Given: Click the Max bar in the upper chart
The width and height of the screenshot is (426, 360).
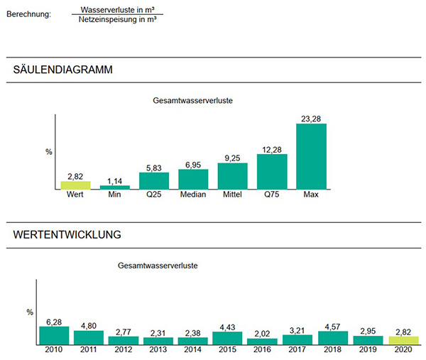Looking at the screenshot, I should [311, 156].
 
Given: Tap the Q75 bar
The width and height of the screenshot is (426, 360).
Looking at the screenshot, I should [272, 171].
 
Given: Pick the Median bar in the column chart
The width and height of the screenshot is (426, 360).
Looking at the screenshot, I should [193, 179].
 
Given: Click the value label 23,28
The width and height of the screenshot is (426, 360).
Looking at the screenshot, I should [311, 119].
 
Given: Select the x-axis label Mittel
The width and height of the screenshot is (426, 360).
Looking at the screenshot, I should [232, 195].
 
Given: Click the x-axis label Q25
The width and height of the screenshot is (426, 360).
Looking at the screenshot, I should [154, 195].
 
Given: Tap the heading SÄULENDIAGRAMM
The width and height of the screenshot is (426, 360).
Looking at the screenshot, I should [63, 70].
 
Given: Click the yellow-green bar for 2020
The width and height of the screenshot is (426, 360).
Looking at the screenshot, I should [404, 340].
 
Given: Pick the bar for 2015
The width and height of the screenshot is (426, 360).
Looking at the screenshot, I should [229, 338].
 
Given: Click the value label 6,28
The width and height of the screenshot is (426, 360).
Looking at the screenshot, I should [54, 321].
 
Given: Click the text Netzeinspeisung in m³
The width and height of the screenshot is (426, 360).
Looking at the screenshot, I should [117, 21].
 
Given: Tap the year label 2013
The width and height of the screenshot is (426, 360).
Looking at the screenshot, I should [158, 350].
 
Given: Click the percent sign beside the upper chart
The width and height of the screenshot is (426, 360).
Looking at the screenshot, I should [49, 151].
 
